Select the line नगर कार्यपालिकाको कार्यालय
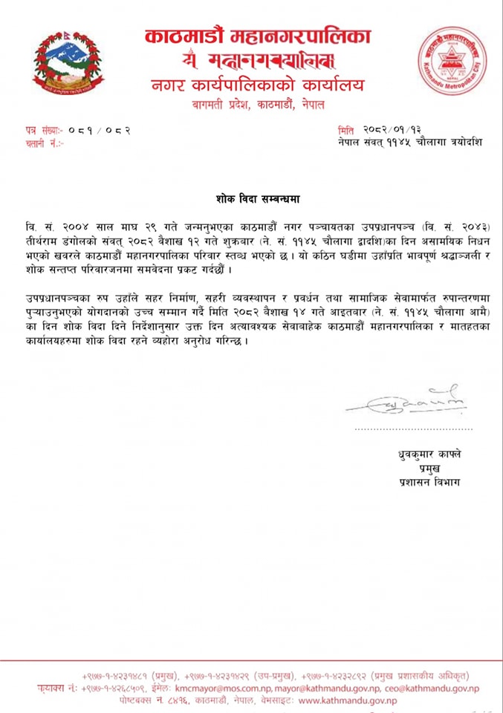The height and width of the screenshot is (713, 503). click(256, 84)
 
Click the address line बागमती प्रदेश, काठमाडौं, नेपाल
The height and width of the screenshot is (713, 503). click(256, 104)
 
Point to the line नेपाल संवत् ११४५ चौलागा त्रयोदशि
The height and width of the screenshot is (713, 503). click(409, 142)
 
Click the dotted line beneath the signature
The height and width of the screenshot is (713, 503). click(412, 429)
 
